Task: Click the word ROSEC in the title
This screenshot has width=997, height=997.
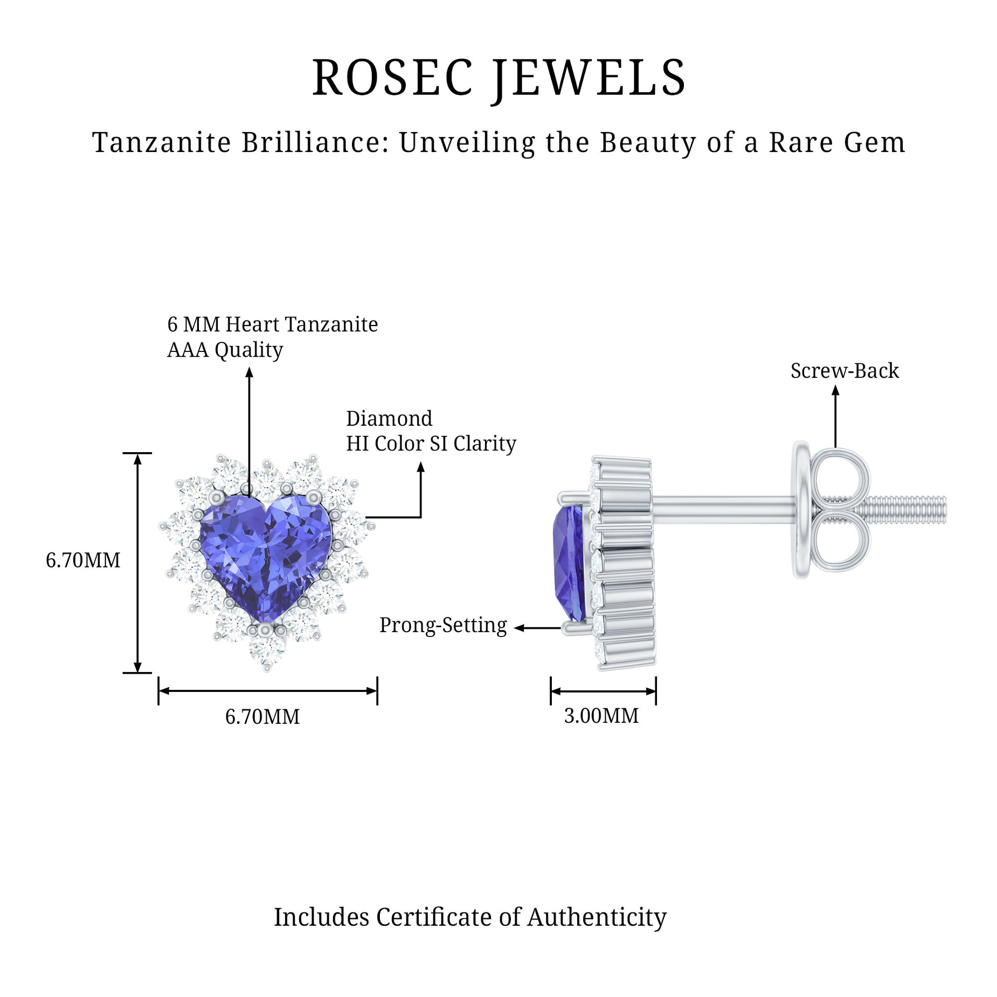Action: pyautogui.click(x=393, y=79)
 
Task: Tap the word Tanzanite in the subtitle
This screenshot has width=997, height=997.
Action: pyautogui.click(x=162, y=143)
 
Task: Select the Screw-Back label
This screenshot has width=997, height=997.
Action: pyautogui.click(x=844, y=371)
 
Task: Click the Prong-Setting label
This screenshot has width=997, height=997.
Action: pyautogui.click(x=443, y=625)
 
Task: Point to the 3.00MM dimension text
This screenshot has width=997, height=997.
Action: pyautogui.click(x=601, y=716)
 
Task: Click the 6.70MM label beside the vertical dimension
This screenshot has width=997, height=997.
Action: pyautogui.click(x=83, y=560)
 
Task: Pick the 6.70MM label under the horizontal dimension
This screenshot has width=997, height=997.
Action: pyautogui.click(x=262, y=717)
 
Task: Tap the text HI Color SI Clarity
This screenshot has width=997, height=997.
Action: pyautogui.click(x=431, y=444)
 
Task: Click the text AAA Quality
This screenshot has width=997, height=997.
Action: pyautogui.click(x=225, y=350)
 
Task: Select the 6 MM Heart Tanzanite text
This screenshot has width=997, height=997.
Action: pyautogui.click(x=272, y=324)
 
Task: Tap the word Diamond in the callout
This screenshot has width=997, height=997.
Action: pyautogui.click(x=389, y=419)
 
